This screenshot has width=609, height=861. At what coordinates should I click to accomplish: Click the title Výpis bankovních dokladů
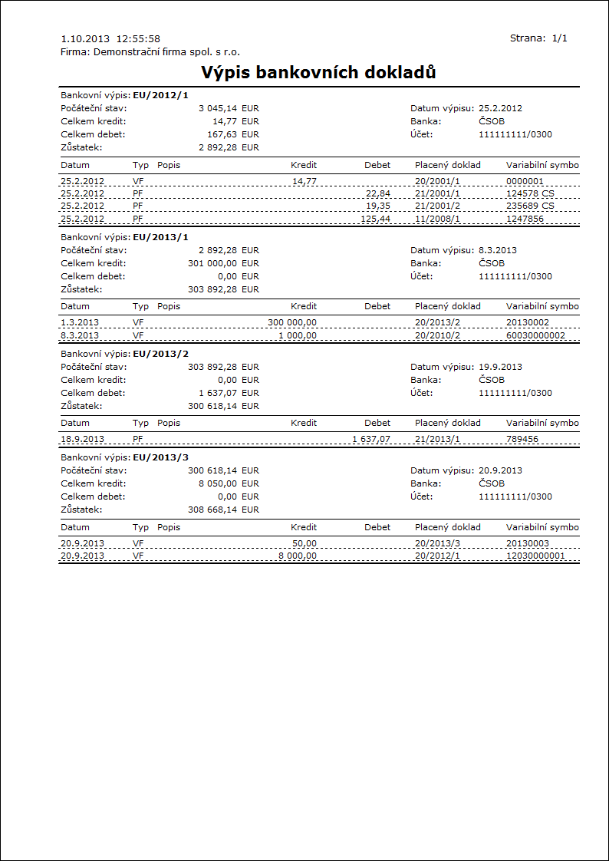click(318, 73)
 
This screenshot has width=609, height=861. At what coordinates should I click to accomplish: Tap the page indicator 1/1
click(559, 38)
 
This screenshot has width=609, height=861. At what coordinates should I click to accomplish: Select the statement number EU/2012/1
click(160, 95)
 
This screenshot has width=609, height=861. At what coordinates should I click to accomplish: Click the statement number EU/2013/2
click(160, 354)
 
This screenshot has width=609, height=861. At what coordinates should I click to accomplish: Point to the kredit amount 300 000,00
click(292, 322)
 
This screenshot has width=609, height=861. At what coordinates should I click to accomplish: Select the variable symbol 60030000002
click(535, 335)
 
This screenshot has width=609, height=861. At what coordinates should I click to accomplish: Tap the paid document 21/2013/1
click(437, 439)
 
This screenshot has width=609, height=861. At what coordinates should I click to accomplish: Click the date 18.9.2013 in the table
click(83, 439)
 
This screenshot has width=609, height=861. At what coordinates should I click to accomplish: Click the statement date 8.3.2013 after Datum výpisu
click(498, 250)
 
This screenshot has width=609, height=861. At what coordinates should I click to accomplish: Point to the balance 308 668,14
click(212, 510)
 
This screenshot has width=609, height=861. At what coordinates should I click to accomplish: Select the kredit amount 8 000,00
click(297, 556)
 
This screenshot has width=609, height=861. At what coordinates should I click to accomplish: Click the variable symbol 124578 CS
click(530, 193)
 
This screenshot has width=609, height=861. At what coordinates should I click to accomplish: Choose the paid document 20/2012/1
click(437, 556)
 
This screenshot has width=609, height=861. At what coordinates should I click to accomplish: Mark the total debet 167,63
click(220, 134)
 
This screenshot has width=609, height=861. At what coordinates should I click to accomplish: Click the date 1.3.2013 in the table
click(80, 322)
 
